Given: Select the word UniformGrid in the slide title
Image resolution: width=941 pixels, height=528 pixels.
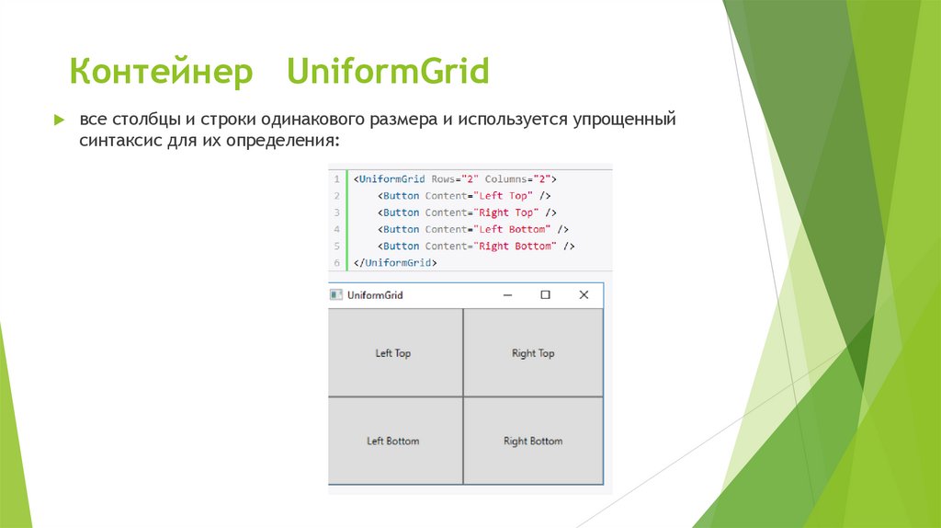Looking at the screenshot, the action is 387,72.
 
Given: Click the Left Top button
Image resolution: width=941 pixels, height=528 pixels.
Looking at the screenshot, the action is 394,353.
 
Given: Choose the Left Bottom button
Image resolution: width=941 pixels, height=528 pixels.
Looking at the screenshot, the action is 393,442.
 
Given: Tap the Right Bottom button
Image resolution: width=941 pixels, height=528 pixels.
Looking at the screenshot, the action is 533,442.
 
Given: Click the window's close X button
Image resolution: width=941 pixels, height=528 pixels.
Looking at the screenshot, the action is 583,295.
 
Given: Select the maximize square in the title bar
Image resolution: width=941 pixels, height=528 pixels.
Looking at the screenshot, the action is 545,295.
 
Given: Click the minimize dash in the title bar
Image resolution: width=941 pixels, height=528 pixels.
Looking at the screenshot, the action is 507,295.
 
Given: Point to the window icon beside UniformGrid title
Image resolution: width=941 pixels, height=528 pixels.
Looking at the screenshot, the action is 336,295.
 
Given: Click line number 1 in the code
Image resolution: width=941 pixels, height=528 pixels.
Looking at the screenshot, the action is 336,179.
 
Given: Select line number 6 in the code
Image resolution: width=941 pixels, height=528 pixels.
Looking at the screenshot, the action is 336,263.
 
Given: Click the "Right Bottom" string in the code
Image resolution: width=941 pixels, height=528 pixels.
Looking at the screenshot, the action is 517,247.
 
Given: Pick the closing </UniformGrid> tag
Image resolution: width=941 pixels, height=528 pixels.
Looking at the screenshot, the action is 395,263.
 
